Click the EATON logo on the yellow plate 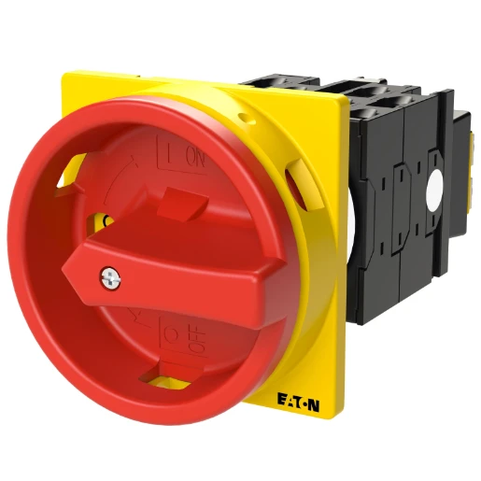(298, 403)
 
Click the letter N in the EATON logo (314, 403)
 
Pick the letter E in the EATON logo (281, 402)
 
